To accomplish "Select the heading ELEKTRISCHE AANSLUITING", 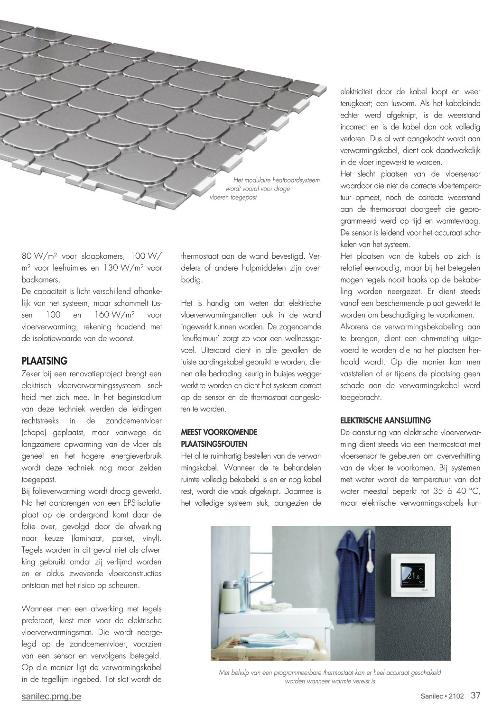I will coord(386,420).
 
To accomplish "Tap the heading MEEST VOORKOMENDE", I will coord(219,432).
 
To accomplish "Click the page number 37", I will coord(475,696).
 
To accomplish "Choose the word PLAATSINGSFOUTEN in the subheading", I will coord(214,444).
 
